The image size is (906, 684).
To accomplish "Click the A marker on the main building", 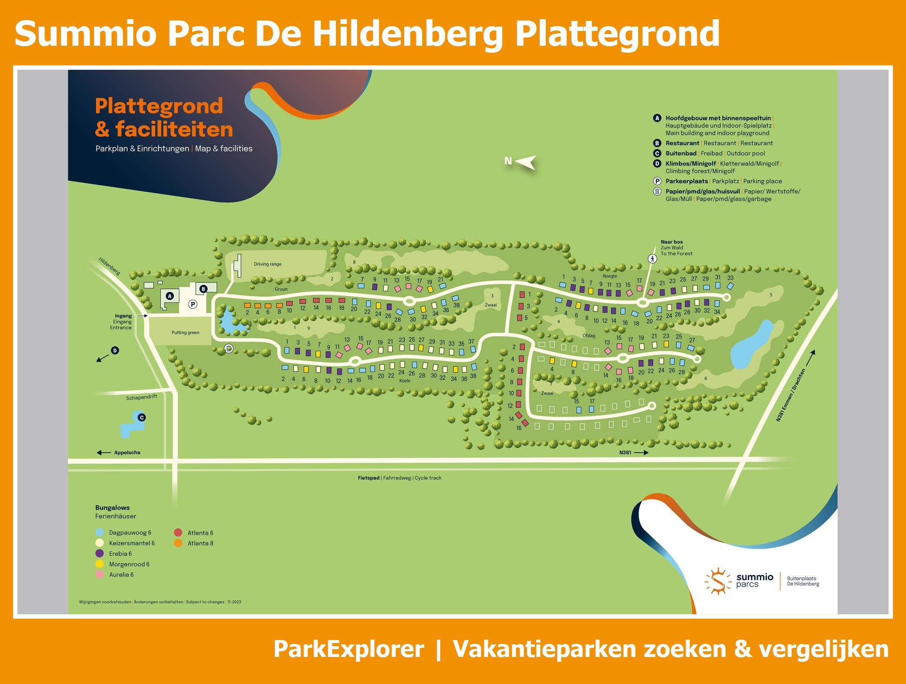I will click(170, 296).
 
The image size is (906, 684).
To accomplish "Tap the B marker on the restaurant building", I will click(203, 289).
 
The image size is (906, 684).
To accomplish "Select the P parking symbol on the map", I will click(193, 305).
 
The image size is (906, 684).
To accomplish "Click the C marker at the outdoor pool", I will click(142, 417).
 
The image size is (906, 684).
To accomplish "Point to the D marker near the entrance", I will click(115, 350).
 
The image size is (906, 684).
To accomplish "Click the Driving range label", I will click(268, 264).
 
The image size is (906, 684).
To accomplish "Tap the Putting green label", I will click(185, 332).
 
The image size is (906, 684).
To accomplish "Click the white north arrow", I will click(526, 162).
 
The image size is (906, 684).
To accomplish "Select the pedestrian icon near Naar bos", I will click(652, 259).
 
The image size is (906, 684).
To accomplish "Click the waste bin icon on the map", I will click(229, 348).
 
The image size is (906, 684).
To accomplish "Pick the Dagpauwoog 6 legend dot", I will click(100, 532).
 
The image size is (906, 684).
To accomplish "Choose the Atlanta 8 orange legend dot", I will click(178, 543).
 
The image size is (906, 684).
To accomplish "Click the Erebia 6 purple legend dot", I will click(100, 553).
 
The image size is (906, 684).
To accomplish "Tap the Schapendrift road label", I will click(142, 397).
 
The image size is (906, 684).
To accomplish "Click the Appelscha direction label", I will click(127, 452).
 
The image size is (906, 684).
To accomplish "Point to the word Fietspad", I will click(368, 478).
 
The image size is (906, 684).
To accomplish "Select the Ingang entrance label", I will click(123, 316).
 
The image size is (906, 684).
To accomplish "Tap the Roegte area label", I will click(610, 276).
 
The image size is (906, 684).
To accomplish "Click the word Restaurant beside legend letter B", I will click(682, 143).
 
